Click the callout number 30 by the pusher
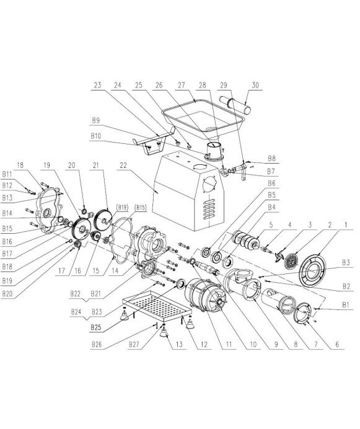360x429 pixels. click(255, 85)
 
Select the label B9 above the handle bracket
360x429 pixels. click(96, 120)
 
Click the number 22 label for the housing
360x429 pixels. click(123, 166)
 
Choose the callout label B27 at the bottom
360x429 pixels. click(134, 345)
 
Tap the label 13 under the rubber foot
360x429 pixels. click(179, 345)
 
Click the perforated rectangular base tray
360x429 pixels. click(157, 306)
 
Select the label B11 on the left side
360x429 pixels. click(7, 174)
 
